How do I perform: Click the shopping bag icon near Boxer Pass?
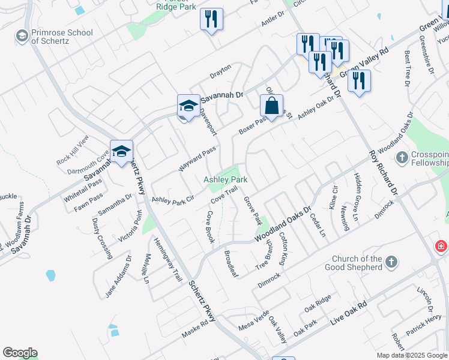point(271,107)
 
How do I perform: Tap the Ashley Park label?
point(226,179)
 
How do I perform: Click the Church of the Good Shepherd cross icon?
point(391,262)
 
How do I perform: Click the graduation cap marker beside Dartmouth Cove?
point(121,152)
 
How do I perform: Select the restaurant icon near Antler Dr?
point(211,20)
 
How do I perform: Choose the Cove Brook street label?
point(210,226)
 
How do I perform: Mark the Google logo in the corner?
point(20,353)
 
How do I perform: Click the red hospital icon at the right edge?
point(441,247)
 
